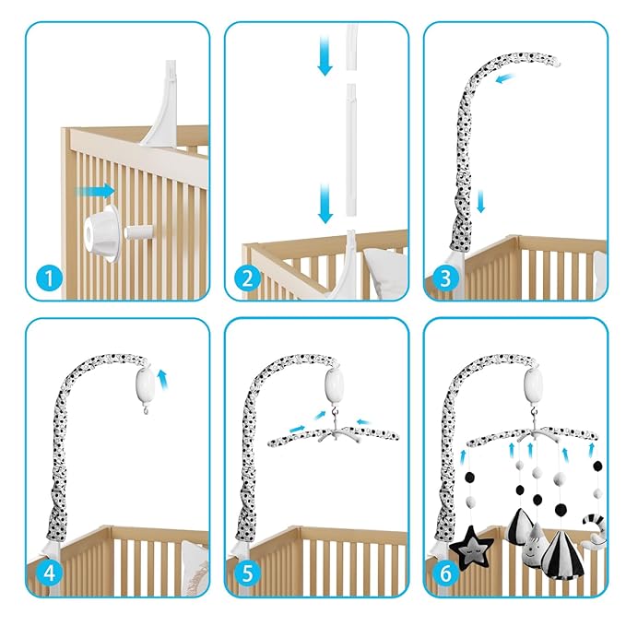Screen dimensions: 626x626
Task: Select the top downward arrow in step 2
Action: [x=325, y=55]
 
